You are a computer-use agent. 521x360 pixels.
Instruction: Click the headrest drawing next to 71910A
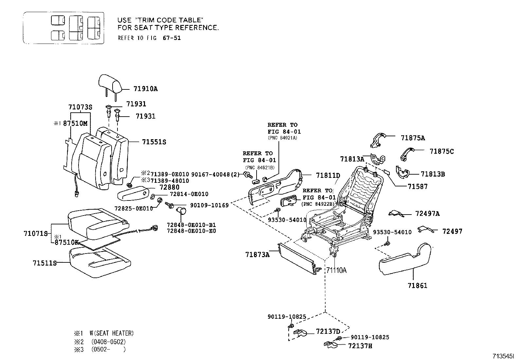pyautogui.click(x=110, y=83)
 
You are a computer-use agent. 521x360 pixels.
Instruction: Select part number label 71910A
pyautogui.click(x=145, y=89)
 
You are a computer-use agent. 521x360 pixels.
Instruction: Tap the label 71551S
pyautogui.click(x=154, y=142)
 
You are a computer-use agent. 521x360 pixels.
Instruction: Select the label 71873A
pyautogui.click(x=257, y=254)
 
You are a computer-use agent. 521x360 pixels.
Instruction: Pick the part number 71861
pyautogui.click(x=417, y=286)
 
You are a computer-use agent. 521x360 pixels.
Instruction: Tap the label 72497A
pyautogui.click(x=427, y=214)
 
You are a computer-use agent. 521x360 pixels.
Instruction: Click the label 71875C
pyautogui.click(x=441, y=151)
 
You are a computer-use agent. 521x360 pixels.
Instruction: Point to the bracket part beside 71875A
pyautogui.click(x=377, y=140)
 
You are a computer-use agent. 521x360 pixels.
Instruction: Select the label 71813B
pyautogui.click(x=433, y=174)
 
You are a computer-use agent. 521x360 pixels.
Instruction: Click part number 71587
pyautogui.click(x=417, y=186)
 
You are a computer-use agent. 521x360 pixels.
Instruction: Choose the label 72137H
pyautogui.click(x=360, y=346)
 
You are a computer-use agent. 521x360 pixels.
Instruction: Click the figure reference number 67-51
pyautogui.click(x=171, y=38)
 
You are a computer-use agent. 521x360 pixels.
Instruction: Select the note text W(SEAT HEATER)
pyautogui.click(x=112, y=333)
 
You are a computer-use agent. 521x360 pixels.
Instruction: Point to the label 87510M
pyautogui.click(x=75, y=123)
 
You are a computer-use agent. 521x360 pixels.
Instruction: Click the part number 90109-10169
pyautogui.click(x=209, y=205)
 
